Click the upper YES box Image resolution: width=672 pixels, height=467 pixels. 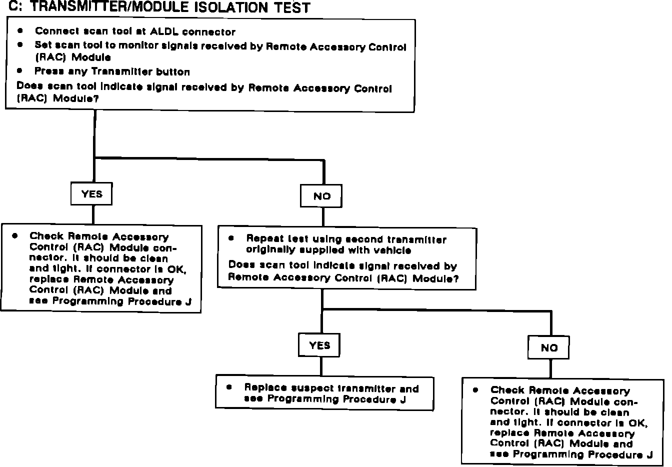[x=91, y=194]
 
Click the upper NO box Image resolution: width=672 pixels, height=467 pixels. [x=321, y=196]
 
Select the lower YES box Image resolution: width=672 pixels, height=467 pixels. [x=319, y=345]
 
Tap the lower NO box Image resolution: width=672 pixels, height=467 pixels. [x=548, y=347]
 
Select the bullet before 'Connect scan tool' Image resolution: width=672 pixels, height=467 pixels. [x=20, y=31]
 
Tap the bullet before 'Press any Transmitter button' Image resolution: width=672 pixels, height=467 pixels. [x=20, y=70]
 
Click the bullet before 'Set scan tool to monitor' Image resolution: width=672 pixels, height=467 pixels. [x=20, y=44]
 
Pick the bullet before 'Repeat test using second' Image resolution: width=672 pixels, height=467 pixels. [x=231, y=238]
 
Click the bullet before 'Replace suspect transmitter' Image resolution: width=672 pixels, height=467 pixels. [x=229, y=387]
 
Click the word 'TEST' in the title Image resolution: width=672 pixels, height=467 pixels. [x=292, y=7]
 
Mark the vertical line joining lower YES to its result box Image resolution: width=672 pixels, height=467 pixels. [x=320, y=366]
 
